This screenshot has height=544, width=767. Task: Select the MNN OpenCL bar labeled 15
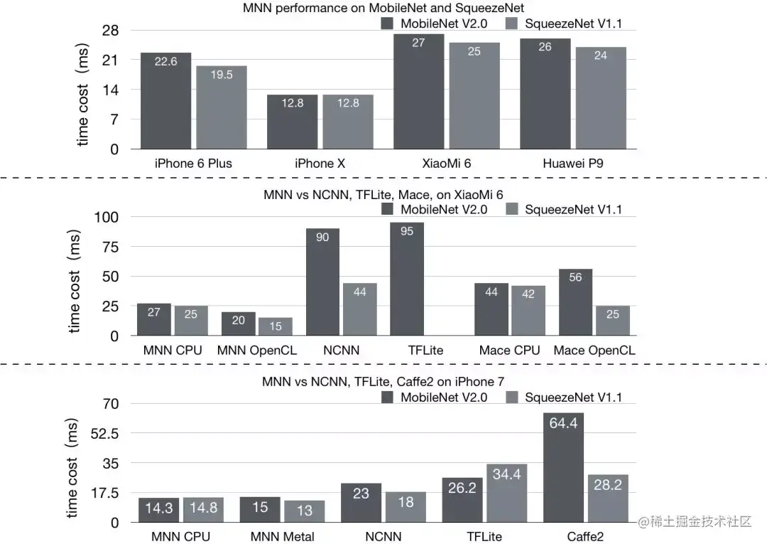click(276, 326)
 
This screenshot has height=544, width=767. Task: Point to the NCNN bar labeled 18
click(406, 507)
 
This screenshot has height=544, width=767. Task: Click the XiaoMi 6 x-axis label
click(446, 164)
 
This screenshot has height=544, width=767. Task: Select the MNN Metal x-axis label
click(282, 537)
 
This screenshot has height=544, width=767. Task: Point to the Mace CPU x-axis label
click(509, 351)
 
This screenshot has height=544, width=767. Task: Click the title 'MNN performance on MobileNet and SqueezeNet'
click(383, 8)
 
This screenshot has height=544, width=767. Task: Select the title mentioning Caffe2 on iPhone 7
click(383, 382)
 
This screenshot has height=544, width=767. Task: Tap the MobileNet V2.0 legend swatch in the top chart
click(388, 23)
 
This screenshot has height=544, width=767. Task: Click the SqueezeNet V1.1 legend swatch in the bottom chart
click(512, 398)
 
